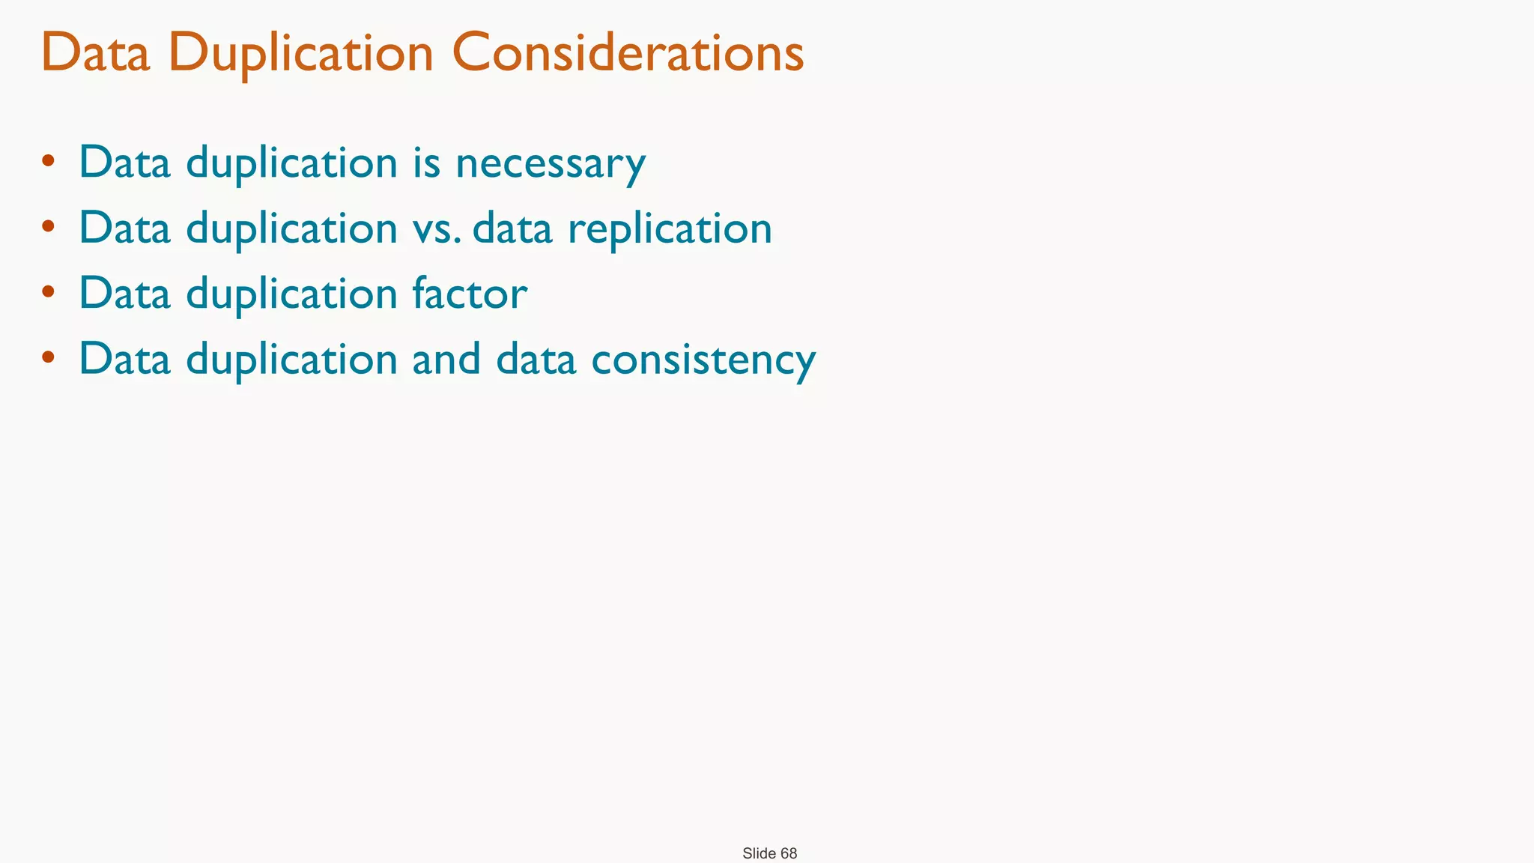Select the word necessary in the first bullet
(550, 163)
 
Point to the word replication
(670, 228)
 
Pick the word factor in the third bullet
(470, 293)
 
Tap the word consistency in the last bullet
(703, 359)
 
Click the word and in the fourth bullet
(446, 359)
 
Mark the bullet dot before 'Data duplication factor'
(49, 291)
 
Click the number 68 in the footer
(789, 853)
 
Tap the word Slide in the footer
(759, 853)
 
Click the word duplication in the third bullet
(291, 293)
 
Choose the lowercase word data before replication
(512, 228)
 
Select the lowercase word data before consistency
(536, 359)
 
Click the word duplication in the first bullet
(291, 163)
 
